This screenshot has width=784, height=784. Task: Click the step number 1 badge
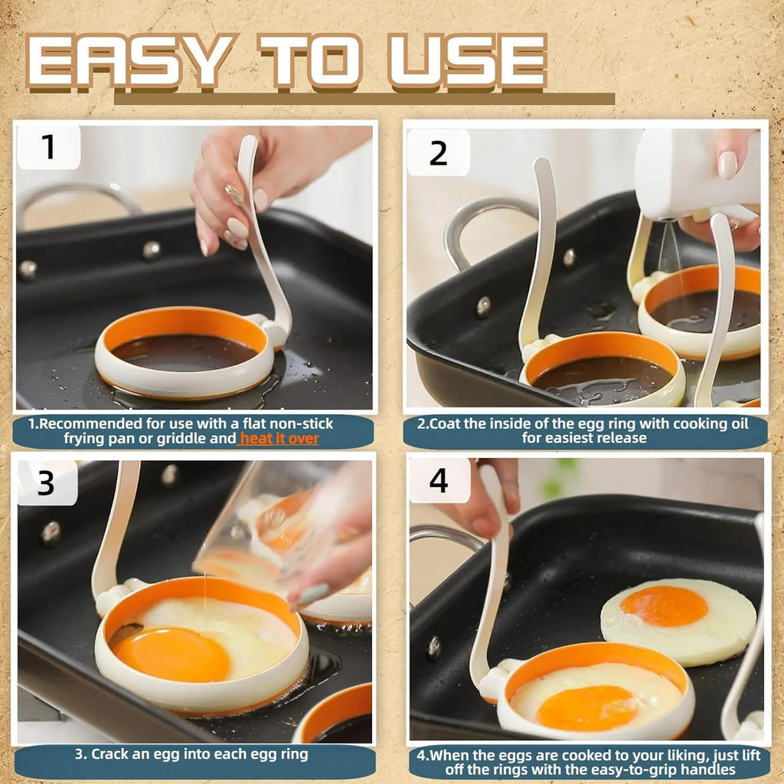tap(48, 146)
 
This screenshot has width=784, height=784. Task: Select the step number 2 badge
tap(438, 152)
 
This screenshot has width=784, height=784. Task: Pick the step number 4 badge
tap(438, 480)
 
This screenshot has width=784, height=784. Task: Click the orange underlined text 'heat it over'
tap(279, 439)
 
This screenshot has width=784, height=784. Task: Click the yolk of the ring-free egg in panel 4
tap(664, 606)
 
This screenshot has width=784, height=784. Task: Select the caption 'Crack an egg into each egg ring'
tap(191, 754)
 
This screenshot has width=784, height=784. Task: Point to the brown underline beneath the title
tap(364, 99)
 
